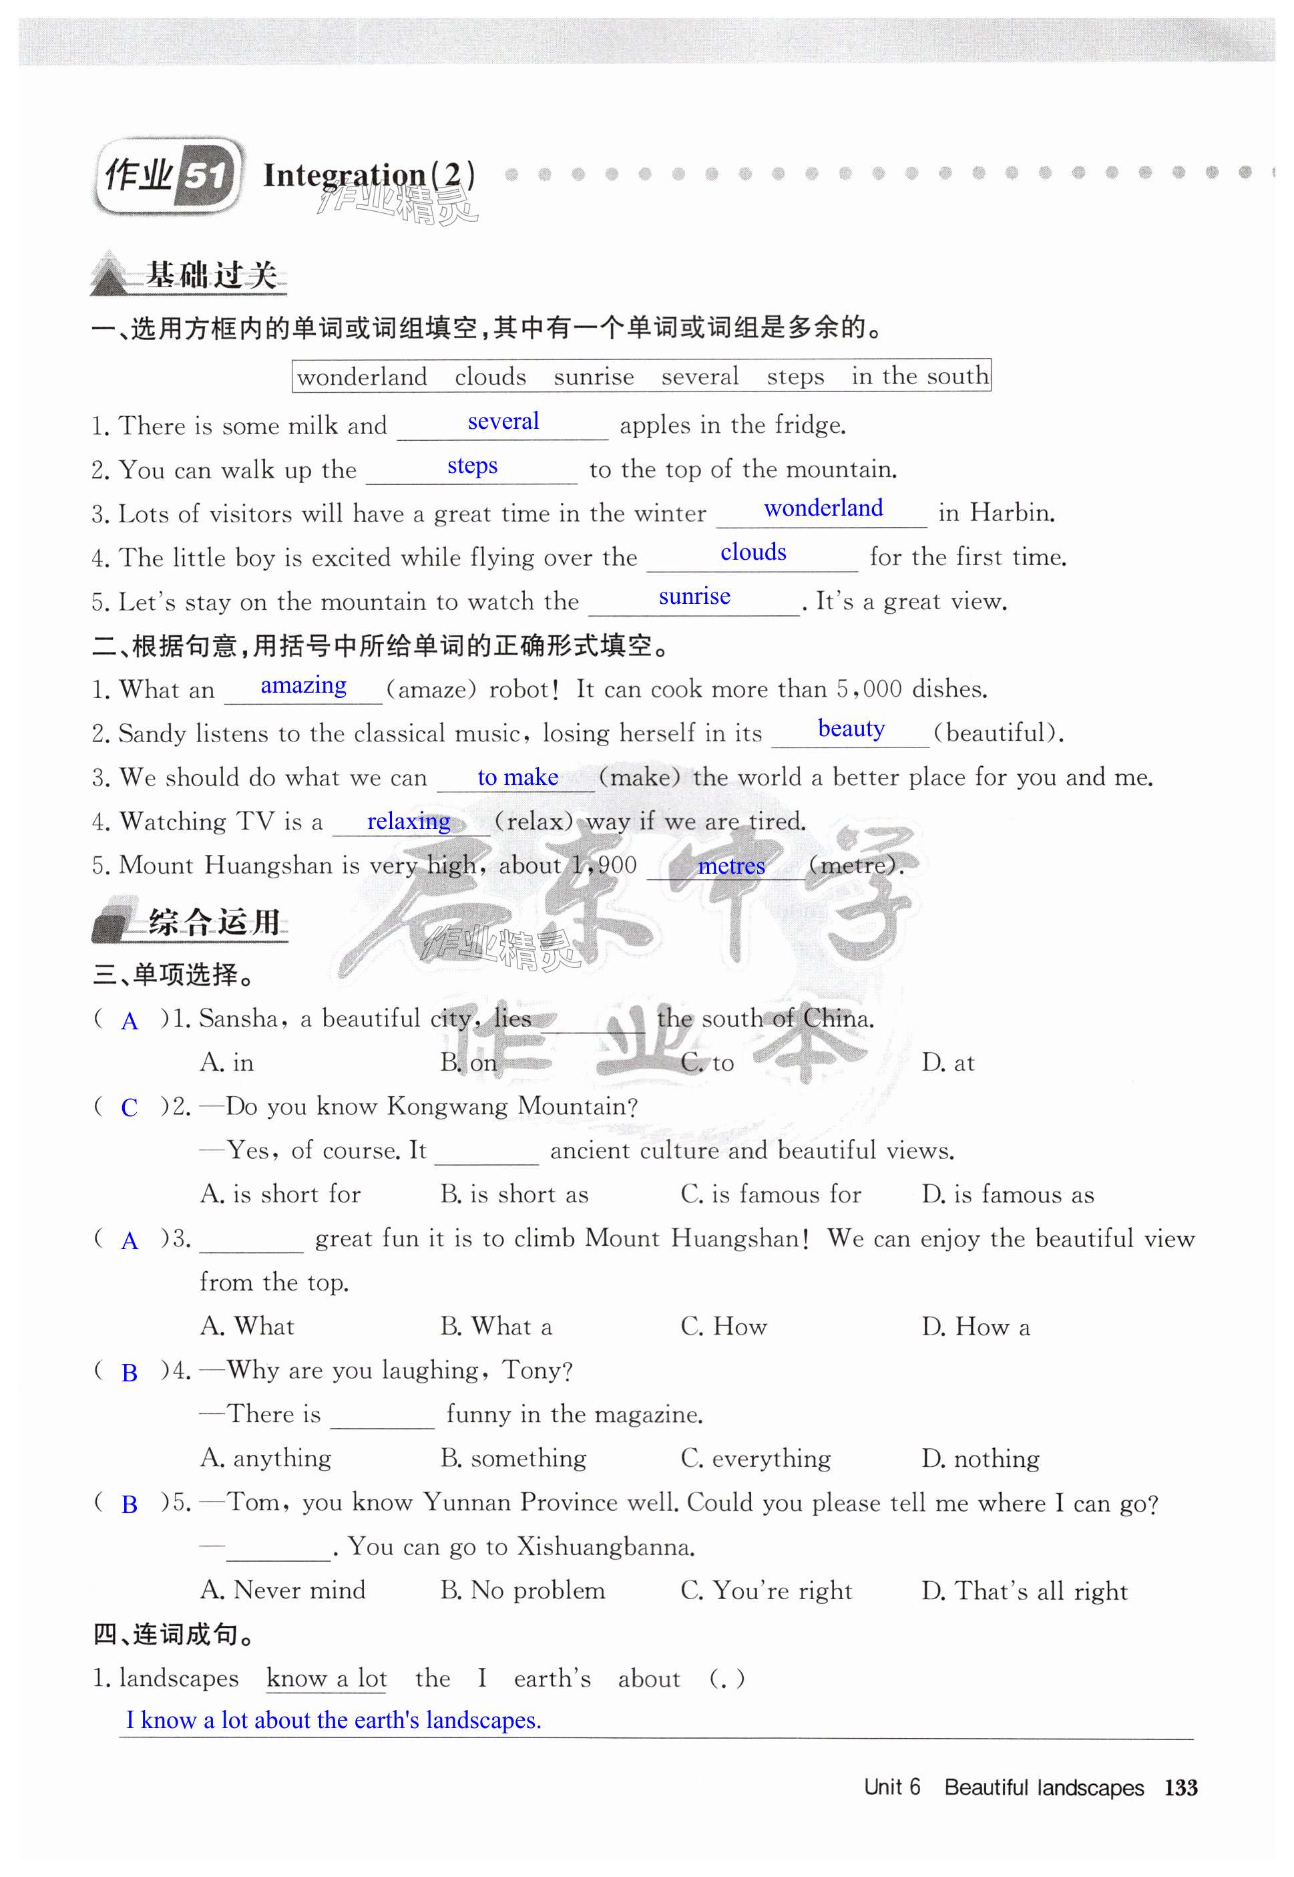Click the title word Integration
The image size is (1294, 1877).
345,175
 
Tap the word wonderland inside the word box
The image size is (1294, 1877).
362,376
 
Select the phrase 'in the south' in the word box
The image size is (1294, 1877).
919,375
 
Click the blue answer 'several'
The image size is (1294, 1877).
503,421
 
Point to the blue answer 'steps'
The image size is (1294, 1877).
472,466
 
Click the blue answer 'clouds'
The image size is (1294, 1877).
752,552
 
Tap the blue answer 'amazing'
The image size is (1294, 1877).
303,685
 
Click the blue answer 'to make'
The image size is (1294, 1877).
517,777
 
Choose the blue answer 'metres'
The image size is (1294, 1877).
730,866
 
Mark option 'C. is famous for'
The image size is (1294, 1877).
771,1194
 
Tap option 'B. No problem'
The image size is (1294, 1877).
522,1590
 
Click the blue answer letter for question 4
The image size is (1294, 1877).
129,1373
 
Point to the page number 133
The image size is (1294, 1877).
1180,1787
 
